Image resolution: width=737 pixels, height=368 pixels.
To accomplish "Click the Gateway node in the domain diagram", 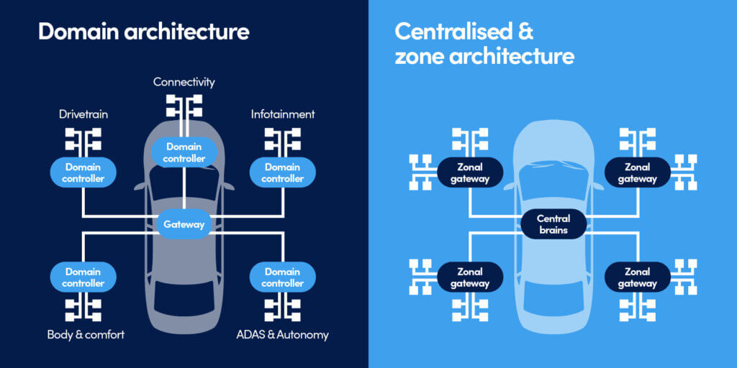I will pyautogui.click(x=184, y=224).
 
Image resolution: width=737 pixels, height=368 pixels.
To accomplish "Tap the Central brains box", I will pyautogui.click(x=553, y=224).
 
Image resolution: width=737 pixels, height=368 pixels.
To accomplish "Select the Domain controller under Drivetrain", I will pyautogui.click(x=83, y=172).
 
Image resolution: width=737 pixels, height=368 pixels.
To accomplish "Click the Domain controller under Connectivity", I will pyautogui.click(x=184, y=152).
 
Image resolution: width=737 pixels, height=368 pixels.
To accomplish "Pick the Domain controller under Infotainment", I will pyautogui.click(x=283, y=172).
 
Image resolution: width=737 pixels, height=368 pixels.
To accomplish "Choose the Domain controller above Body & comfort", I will pyautogui.click(x=83, y=277).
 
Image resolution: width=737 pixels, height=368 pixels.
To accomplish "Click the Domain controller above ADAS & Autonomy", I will pyautogui.click(x=283, y=277).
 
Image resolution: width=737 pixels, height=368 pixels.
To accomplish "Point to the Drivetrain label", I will pyautogui.click(x=83, y=114).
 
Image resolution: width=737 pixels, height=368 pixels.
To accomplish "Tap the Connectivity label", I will pyautogui.click(x=184, y=82).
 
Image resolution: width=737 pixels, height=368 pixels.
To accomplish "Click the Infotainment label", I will pyautogui.click(x=283, y=114).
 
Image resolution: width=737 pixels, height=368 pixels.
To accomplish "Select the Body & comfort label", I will pyautogui.click(x=86, y=334).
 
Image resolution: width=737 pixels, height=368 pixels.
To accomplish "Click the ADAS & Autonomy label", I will pyautogui.click(x=282, y=334).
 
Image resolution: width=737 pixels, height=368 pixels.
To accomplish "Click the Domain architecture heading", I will pyautogui.click(x=143, y=32).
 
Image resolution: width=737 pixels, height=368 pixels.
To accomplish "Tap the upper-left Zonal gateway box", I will pyautogui.click(x=470, y=172).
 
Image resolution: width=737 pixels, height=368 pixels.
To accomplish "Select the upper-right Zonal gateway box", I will pyautogui.click(x=637, y=172).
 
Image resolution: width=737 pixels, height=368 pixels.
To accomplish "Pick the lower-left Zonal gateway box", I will pyautogui.click(x=470, y=277).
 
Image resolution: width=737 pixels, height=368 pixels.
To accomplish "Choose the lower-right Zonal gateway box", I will pyautogui.click(x=637, y=277).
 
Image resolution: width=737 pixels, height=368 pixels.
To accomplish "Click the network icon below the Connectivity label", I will pyautogui.click(x=184, y=106).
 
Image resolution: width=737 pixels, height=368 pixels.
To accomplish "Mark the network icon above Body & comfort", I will pyautogui.click(x=83, y=308).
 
